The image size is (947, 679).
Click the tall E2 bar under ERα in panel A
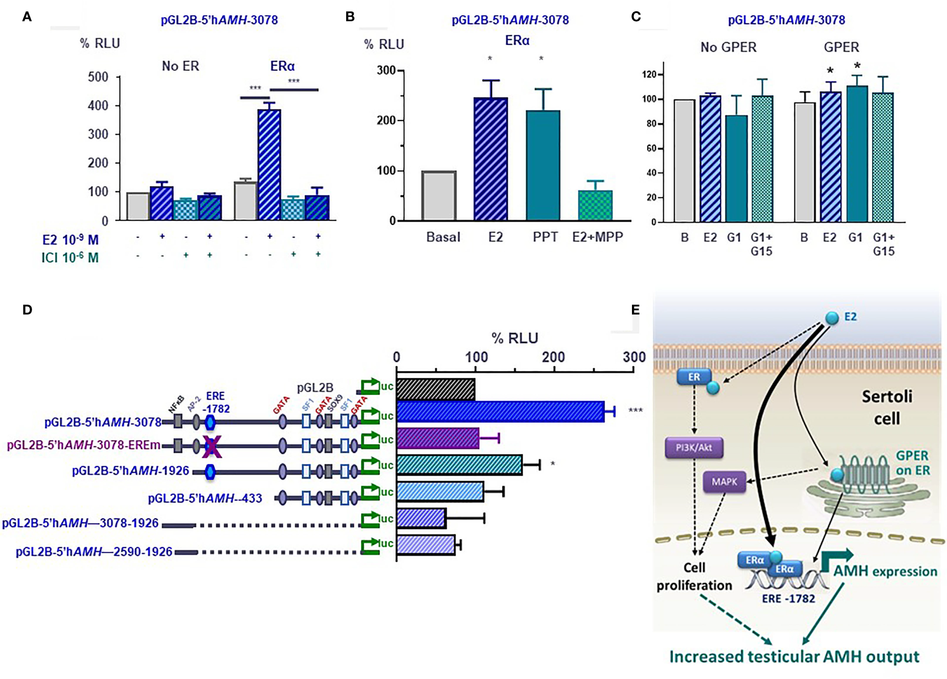click(269, 165)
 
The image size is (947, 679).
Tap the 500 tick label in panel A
click(98, 77)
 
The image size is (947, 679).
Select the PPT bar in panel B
click(543, 165)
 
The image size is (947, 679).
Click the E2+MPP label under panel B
click(598, 237)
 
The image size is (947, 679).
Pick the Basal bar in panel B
click(439, 195)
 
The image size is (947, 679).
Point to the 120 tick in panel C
click(649, 75)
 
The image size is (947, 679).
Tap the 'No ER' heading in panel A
click(180, 66)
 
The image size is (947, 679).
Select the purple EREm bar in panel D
click(438, 438)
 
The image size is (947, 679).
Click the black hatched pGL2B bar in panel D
click(435, 390)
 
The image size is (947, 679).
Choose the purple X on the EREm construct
click(211, 446)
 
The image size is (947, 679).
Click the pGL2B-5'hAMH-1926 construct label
click(130, 471)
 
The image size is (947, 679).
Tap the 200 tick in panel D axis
click(553, 357)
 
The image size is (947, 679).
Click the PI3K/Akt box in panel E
click(693, 447)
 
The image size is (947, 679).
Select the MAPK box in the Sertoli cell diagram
click(724, 482)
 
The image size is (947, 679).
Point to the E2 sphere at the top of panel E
click(832, 318)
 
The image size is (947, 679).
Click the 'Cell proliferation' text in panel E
click(694, 576)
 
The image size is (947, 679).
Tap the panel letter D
click(27, 310)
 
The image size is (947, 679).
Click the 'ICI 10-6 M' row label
click(70, 258)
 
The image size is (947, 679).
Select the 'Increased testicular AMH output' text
click(794, 657)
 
